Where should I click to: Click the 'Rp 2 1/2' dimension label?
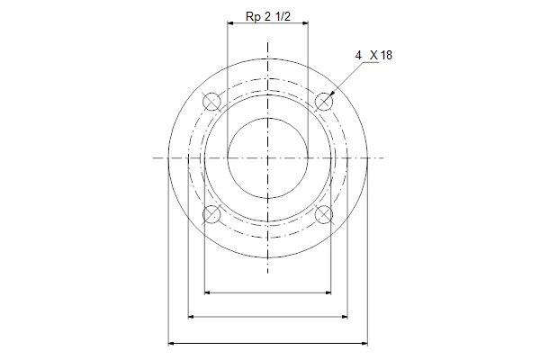[x=268, y=16]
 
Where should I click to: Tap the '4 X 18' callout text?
[x=373, y=55]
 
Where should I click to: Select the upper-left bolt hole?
[x=211, y=102]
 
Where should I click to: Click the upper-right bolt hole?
[x=324, y=102]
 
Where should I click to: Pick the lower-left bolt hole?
[x=211, y=214]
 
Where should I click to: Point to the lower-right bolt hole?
[x=324, y=214]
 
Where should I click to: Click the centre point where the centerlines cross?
[x=268, y=158]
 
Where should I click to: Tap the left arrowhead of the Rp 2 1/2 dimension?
[x=230, y=23]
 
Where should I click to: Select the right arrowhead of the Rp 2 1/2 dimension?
[x=304, y=23]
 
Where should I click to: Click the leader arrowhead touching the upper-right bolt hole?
[x=332, y=93]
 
